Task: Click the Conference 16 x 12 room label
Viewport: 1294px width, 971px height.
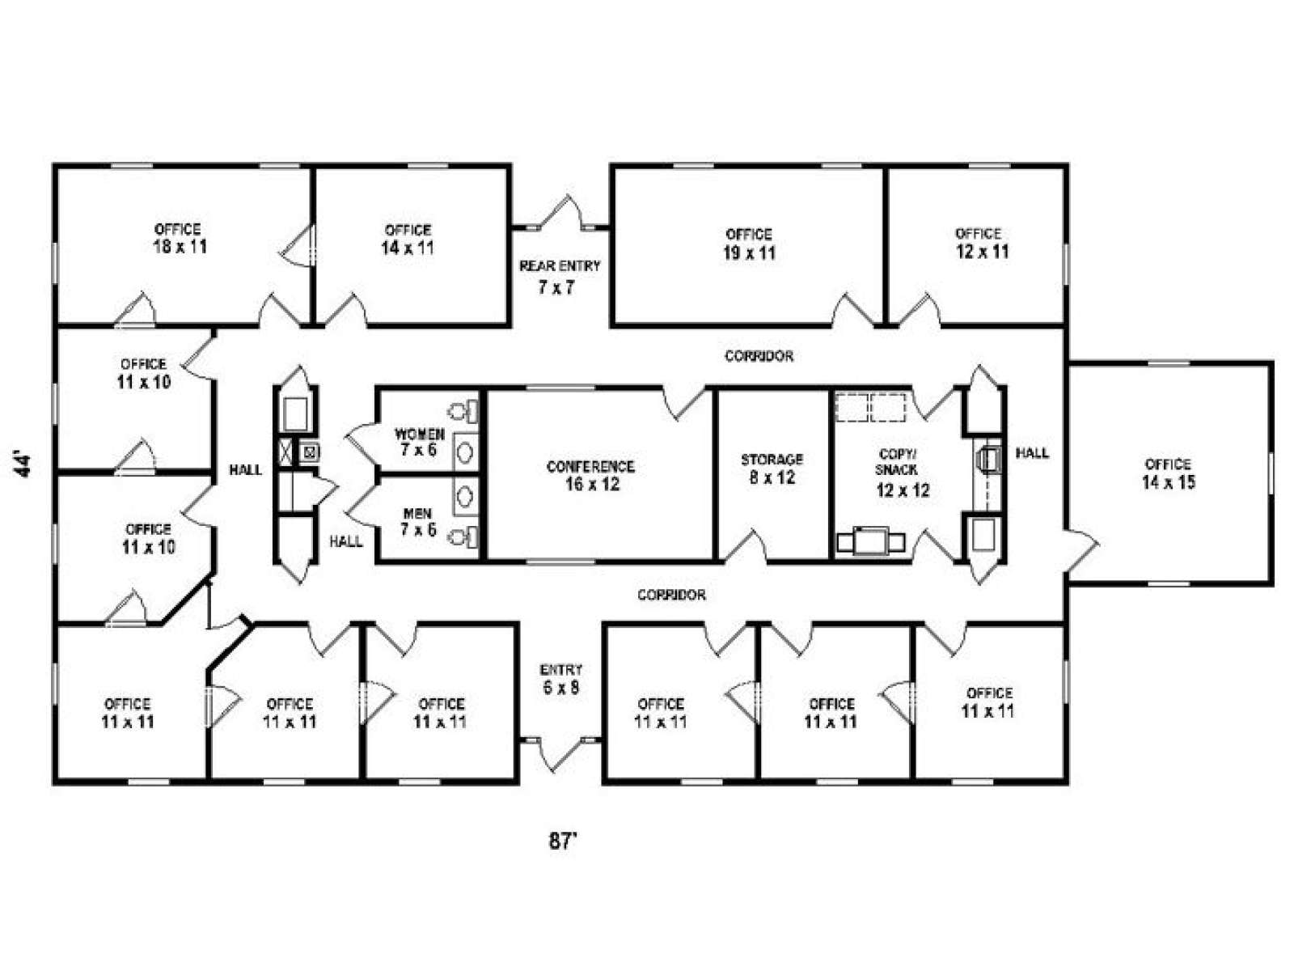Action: pyautogui.click(x=590, y=475)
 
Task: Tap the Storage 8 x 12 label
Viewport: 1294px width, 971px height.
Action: pyautogui.click(x=772, y=469)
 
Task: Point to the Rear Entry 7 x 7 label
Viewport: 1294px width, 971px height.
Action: pyautogui.click(x=559, y=277)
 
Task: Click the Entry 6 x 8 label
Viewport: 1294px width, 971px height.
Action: pyautogui.click(x=561, y=679)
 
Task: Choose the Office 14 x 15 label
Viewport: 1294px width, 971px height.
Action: pyautogui.click(x=1169, y=473)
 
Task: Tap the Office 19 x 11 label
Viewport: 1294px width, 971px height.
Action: pyautogui.click(x=749, y=244)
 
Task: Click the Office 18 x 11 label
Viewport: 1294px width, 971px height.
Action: pyautogui.click(x=180, y=238)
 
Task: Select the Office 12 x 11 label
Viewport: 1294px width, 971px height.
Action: pyautogui.click(x=982, y=243)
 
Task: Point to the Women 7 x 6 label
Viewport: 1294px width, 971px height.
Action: pyautogui.click(x=419, y=442)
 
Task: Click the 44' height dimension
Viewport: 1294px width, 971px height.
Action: pyautogui.click(x=23, y=464)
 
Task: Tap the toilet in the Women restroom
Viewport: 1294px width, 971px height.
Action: pyautogui.click(x=463, y=411)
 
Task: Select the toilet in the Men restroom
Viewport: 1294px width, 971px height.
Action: pyautogui.click(x=463, y=537)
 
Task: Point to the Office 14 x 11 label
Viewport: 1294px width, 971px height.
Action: pyautogui.click(x=408, y=240)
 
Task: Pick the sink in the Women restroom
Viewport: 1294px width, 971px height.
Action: pyautogui.click(x=465, y=452)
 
